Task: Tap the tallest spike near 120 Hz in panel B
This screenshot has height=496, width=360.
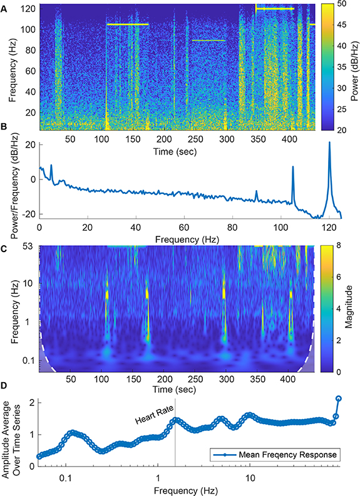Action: tap(329, 143)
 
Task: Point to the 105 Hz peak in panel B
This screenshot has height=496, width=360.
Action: tap(292, 167)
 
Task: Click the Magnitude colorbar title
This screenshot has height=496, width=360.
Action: tap(354, 309)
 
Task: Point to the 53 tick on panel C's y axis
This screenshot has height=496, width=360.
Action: tap(29, 246)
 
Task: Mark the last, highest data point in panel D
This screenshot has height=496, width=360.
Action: tap(339, 398)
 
